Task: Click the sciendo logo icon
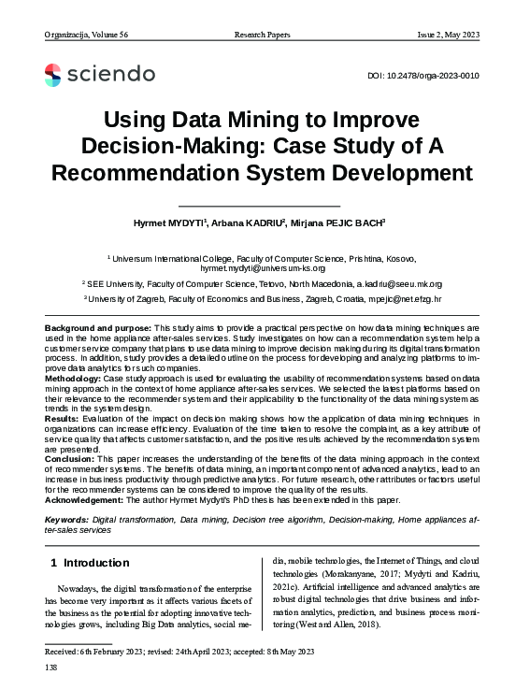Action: pyautogui.click(x=53, y=74)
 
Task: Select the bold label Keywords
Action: pyautogui.click(x=67, y=517)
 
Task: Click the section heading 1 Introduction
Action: pyautogui.click(x=89, y=563)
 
